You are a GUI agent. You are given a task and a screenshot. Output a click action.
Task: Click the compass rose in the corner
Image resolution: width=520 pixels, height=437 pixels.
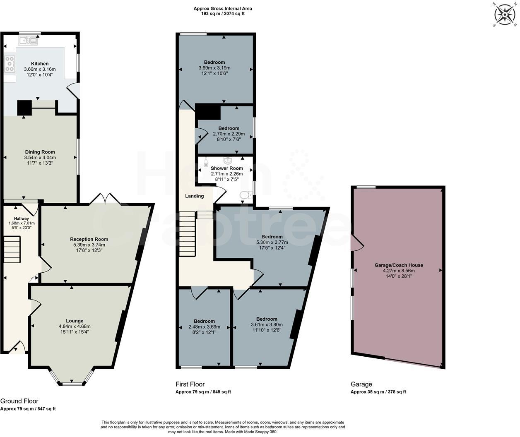click(x=505, y=15)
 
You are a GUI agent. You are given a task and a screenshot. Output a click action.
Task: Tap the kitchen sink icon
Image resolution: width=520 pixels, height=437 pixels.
click(x=28, y=40)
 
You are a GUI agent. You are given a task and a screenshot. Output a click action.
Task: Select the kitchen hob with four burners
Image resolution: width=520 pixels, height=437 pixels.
click(x=9, y=64)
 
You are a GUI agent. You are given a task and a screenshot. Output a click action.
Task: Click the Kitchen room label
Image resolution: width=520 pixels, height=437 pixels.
click(x=40, y=64)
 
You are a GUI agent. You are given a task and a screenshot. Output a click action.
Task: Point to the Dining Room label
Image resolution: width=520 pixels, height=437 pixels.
click(x=40, y=152)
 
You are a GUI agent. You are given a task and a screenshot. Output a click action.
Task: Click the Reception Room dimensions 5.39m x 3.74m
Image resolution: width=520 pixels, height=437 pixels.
click(x=89, y=245)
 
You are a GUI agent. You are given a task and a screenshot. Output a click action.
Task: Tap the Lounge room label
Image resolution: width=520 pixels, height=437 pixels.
click(x=75, y=321)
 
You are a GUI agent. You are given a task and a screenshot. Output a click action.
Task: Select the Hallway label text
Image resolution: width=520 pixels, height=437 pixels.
click(x=22, y=218)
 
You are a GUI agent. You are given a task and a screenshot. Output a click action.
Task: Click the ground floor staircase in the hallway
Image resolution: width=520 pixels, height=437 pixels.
click(x=12, y=249)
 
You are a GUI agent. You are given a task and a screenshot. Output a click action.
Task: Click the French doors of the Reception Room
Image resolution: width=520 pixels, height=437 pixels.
click(x=105, y=199)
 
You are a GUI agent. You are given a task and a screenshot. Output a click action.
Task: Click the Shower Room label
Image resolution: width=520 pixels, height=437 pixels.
click(x=226, y=168)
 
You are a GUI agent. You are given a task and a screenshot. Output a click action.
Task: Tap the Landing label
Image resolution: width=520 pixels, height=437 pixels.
click(x=194, y=196)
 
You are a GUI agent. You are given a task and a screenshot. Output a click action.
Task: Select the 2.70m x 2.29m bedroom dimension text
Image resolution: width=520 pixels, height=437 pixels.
click(x=229, y=134)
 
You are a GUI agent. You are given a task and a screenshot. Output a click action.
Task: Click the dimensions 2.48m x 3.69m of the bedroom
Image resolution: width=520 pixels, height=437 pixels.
click(x=204, y=327)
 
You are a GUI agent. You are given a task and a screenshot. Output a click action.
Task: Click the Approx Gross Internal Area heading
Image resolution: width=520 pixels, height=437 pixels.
click(x=222, y=8)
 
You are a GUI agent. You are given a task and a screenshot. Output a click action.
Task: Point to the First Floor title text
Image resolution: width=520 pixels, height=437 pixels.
click(x=190, y=384)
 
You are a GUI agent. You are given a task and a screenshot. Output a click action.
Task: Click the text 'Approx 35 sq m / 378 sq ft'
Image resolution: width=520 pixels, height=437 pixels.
click(x=378, y=392)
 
